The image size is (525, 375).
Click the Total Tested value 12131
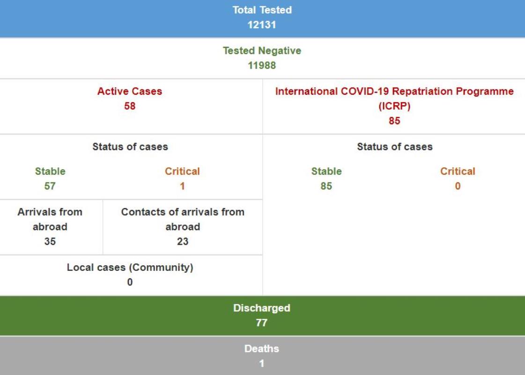pyautogui.click(x=262, y=25)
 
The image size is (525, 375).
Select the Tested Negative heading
pyautogui.click(x=262, y=51)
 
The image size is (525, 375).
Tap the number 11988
pyautogui.click(x=262, y=65)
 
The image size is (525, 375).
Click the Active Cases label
pyautogui.click(x=130, y=91)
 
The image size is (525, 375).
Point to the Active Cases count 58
pyautogui.click(x=130, y=106)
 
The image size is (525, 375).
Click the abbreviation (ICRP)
pyautogui.click(x=394, y=106)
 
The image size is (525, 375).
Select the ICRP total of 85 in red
pyautogui.click(x=394, y=120)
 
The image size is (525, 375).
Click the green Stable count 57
pyautogui.click(x=50, y=186)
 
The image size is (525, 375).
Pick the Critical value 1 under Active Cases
pyautogui.click(x=182, y=186)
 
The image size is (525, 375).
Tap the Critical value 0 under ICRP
pyautogui.click(x=458, y=186)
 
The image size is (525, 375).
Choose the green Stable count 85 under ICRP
pyautogui.click(x=326, y=186)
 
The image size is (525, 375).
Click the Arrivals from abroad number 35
pyautogui.click(x=50, y=241)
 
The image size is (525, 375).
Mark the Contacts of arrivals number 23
pyautogui.click(x=183, y=241)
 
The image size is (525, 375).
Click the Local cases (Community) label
pyautogui.click(x=130, y=268)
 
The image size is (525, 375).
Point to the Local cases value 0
pyautogui.click(x=130, y=282)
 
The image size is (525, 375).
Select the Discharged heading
pyautogui.click(x=262, y=308)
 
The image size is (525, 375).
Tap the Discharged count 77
pyautogui.click(x=262, y=322)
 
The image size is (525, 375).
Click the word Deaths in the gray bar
pyautogui.click(x=262, y=349)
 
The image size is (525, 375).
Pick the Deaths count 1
pyautogui.click(x=262, y=363)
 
